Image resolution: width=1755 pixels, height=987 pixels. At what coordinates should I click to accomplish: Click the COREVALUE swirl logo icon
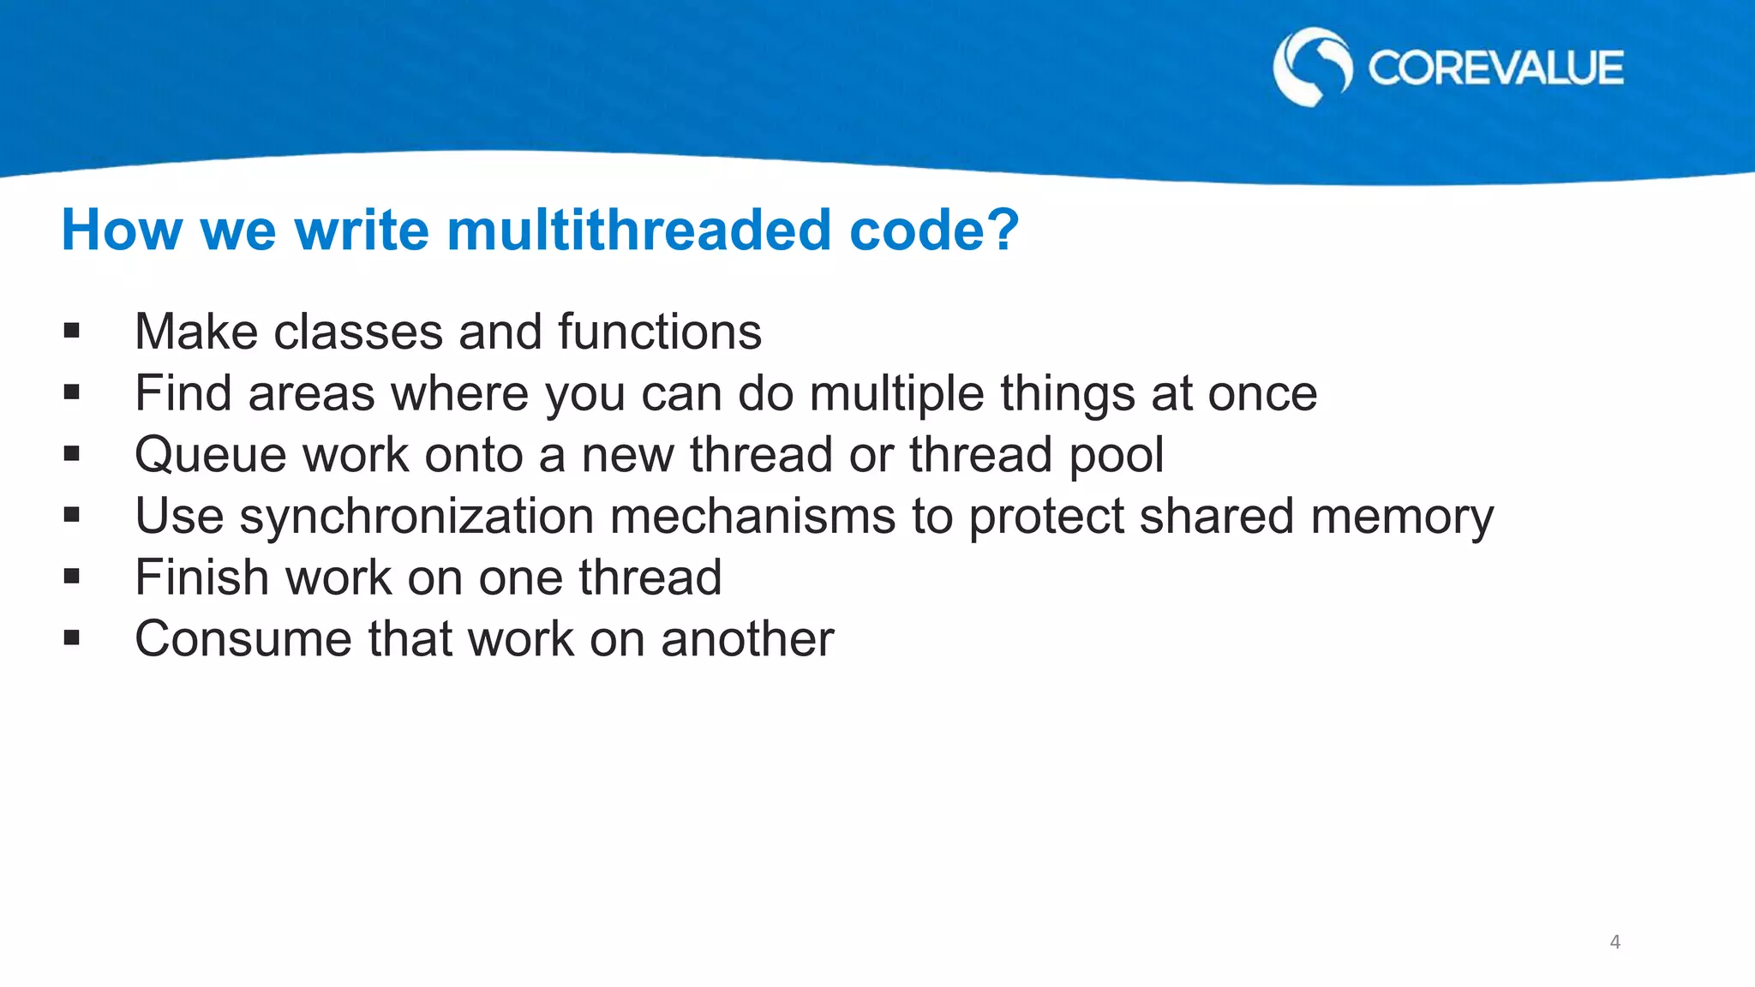pos(1312,67)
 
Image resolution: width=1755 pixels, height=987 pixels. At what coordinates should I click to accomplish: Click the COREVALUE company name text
pos(1495,69)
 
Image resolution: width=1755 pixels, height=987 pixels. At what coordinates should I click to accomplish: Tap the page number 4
pos(1615,942)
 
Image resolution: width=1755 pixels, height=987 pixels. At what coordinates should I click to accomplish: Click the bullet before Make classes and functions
pos(71,332)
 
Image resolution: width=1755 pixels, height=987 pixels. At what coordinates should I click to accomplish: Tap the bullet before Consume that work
pos(71,638)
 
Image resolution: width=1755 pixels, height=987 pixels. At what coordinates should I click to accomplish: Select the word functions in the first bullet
pos(659,332)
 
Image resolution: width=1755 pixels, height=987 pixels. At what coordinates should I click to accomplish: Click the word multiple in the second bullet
pos(896,394)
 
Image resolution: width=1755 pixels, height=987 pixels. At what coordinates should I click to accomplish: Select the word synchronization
pos(416,517)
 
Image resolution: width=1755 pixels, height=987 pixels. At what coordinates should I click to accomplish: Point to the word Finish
pos(202,577)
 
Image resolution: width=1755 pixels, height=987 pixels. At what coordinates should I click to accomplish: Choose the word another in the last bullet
pos(746,639)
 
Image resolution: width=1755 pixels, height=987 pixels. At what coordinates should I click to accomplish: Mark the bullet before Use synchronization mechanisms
pos(71,516)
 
